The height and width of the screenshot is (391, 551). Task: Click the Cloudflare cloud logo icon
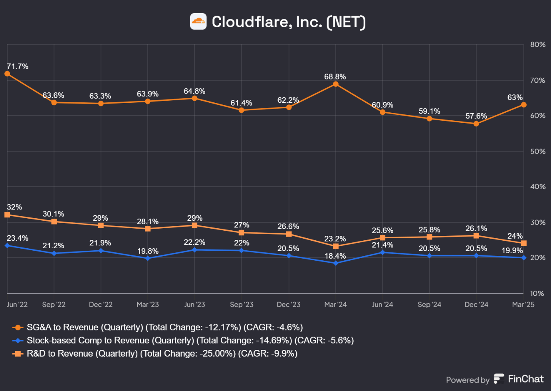tap(198, 22)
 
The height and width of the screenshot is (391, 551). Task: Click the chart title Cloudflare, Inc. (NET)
tap(288, 22)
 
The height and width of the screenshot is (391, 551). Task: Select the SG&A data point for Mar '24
tap(336, 84)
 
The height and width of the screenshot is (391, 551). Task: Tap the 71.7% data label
tap(18, 66)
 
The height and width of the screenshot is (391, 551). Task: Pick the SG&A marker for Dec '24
tap(476, 124)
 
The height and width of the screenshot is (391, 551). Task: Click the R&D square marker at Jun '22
tap(7, 215)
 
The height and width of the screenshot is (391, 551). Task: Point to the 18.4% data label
tap(335, 256)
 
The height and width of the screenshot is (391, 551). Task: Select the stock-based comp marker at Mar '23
tap(148, 258)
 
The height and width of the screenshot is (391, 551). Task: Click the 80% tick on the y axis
tap(537, 45)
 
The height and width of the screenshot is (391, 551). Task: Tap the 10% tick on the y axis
tap(537, 293)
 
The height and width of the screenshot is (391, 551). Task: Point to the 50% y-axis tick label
tap(537, 152)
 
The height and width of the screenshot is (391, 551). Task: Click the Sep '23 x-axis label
tap(242, 305)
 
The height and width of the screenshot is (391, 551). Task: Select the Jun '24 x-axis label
tap(383, 305)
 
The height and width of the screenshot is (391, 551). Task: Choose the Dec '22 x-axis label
tap(101, 305)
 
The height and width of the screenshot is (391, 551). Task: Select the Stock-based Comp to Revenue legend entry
tap(190, 341)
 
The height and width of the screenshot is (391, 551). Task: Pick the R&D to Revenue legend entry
tap(162, 354)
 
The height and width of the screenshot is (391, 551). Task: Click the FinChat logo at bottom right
tap(519, 379)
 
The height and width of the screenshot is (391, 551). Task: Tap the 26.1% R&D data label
tap(476, 228)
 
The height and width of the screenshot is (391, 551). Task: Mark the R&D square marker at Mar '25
tap(524, 243)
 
